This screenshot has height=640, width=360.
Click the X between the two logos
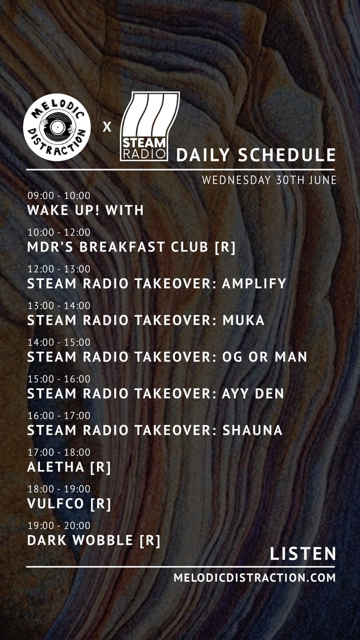(x=107, y=127)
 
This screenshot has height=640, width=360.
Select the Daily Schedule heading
(x=256, y=155)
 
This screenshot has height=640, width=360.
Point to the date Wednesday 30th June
(x=269, y=180)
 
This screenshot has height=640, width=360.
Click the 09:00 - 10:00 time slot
(x=59, y=196)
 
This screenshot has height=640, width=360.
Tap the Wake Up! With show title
(x=85, y=210)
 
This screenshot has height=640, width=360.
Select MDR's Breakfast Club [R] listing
(x=131, y=247)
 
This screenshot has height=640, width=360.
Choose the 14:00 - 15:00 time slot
(x=59, y=342)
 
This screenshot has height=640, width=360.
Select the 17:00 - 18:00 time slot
(x=59, y=452)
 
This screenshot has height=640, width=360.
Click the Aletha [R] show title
(x=69, y=467)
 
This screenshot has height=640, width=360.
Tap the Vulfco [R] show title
(x=69, y=503)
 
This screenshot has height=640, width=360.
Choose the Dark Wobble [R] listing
(x=93, y=540)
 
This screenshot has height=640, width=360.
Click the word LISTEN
(x=303, y=554)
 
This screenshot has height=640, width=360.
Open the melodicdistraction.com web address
(x=255, y=578)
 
